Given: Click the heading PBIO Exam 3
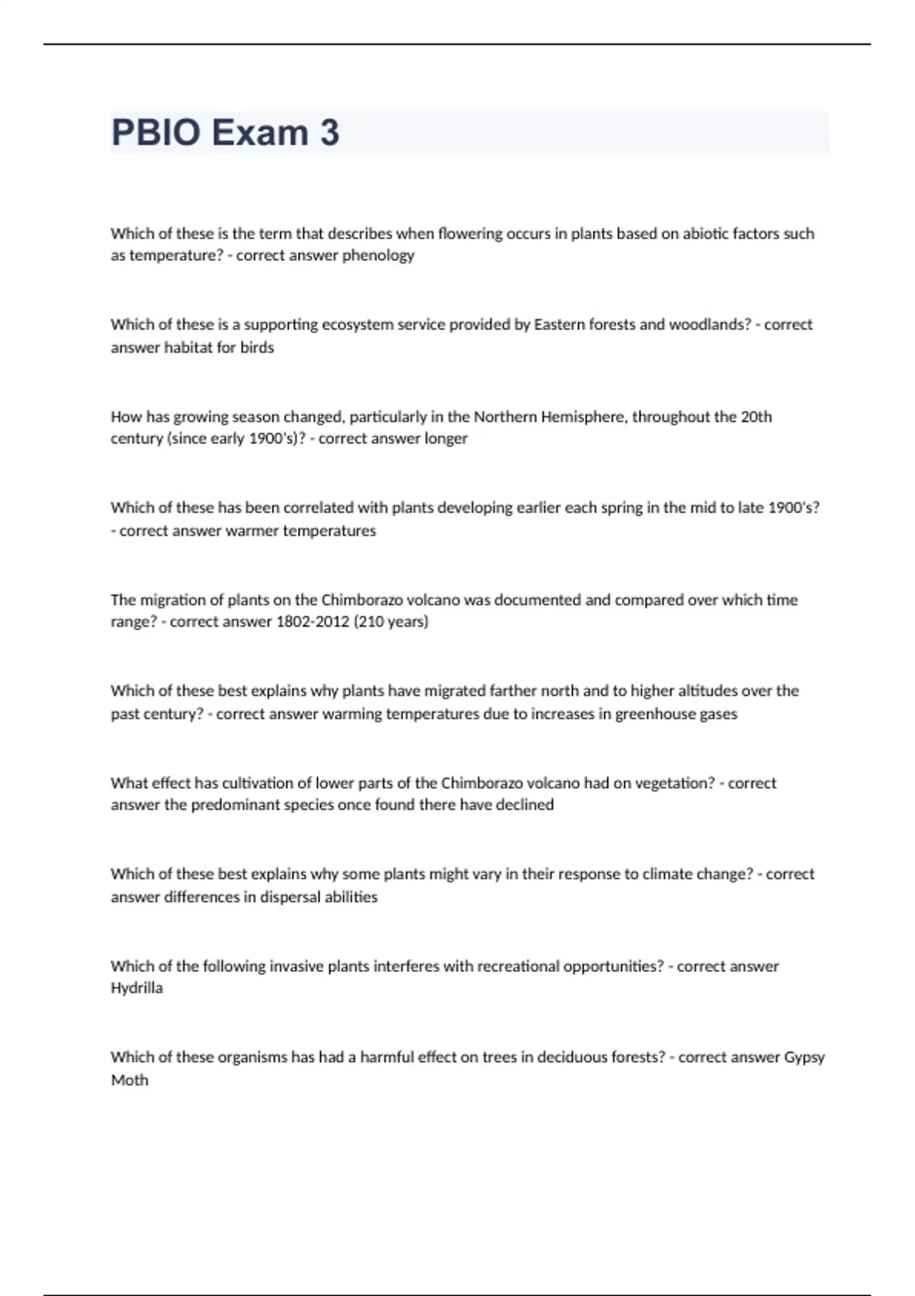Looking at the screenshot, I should coord(225,133).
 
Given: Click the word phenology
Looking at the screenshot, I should coord(378,255).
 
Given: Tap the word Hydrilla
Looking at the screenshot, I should coord(136,989).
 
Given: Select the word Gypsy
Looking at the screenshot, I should coord(804,1058).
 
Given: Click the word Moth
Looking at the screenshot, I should coord(130,1080).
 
